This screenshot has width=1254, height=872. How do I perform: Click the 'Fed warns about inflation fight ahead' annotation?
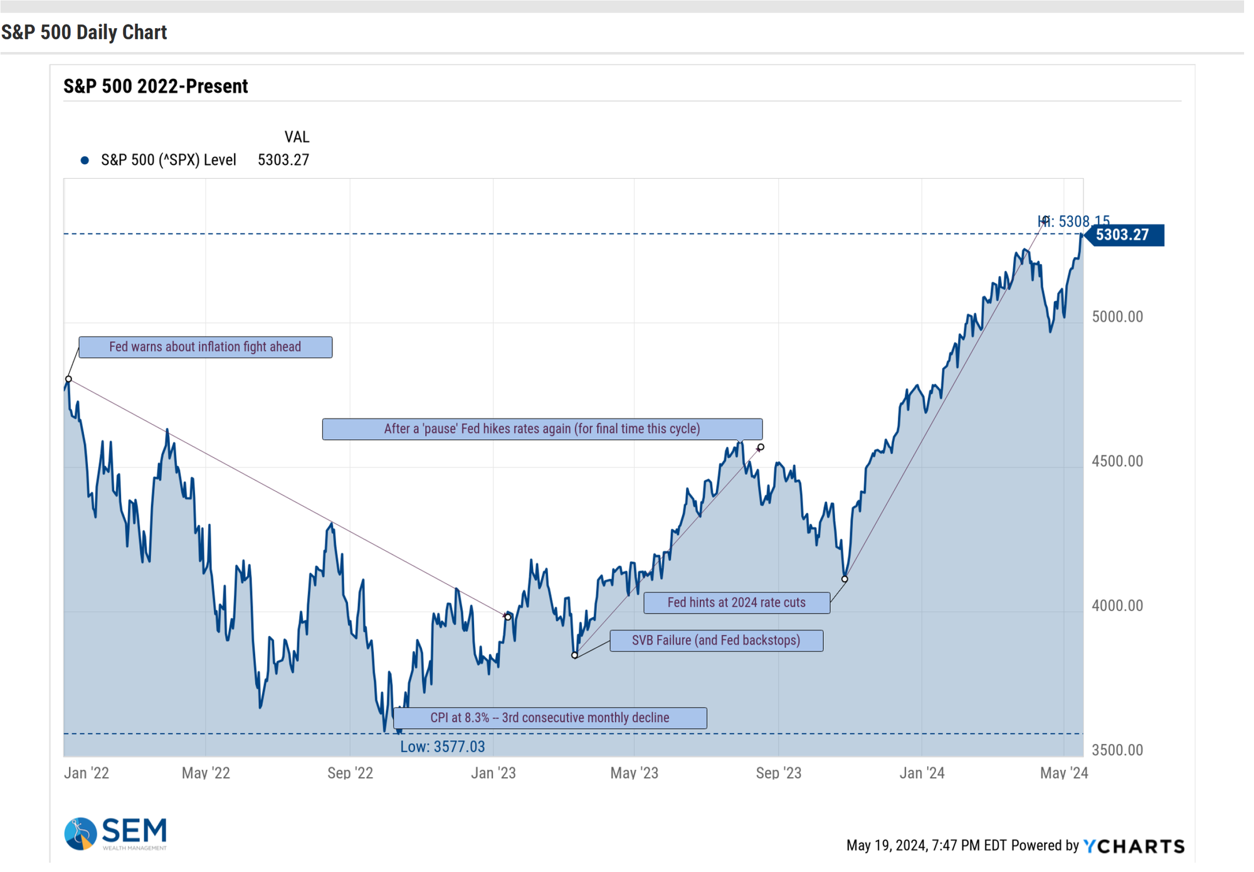click(x=206, y=347)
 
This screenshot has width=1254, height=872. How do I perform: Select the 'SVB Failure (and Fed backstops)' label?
click(x=716, y=641)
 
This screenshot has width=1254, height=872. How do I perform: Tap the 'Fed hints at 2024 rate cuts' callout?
click(x=737, y=602)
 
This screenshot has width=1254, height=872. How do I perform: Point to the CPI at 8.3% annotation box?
click(x=550, y=718)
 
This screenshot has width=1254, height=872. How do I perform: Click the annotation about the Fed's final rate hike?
click(x=542, y=429)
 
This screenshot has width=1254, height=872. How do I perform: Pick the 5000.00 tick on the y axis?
click(x=1117, y=317)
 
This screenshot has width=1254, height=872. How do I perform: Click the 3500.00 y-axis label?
click(x=1117, y=750)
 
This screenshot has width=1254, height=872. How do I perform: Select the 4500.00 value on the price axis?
click(x=1117, y=461)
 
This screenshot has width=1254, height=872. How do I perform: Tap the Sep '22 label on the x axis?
click(x=350, y=773)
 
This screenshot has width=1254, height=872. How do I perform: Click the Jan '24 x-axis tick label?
click(x=922, y=773)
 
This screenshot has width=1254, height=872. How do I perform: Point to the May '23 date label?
click(x=634, y=773)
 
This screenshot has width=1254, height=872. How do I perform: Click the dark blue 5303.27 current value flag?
click(x=1124, y=235)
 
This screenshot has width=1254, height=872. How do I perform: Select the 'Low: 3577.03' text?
click(x=443, y=747)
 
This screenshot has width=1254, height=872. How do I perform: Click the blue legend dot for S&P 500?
click(x=85, y=160)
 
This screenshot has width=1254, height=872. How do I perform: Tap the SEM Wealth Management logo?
click(x=115, y=834)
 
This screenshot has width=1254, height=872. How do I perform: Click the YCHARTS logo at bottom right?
click(x=1134, y=846)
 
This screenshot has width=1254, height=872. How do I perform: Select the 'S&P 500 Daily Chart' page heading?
click(x=84, y=32)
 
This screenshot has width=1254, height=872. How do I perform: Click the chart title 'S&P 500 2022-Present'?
click(x=155, y=86)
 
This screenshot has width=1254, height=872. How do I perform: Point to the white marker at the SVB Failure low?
click(x=574, y=655)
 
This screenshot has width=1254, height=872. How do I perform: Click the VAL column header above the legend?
click(x=297, y=137)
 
